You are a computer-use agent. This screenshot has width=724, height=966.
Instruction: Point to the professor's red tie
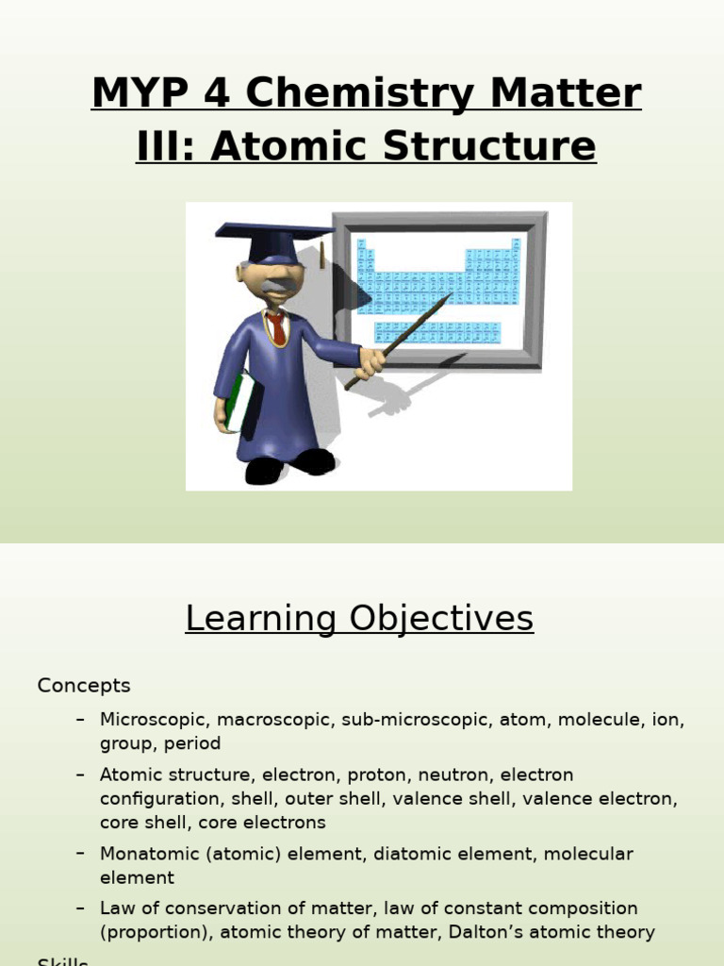tap(276, 329)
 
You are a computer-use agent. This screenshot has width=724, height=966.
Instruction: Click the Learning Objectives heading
tap(359, 619)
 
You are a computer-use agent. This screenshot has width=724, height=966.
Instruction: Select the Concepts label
tap(84, 686)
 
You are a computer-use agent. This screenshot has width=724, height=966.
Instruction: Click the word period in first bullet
tap(192, 743)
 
